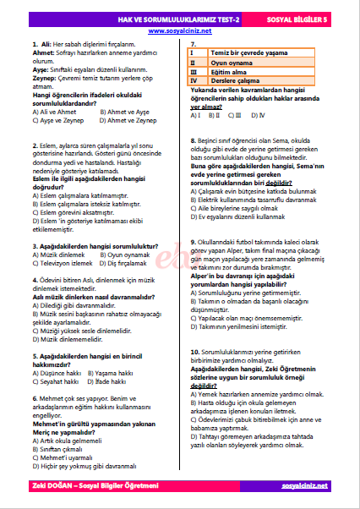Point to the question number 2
(33, 145)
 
